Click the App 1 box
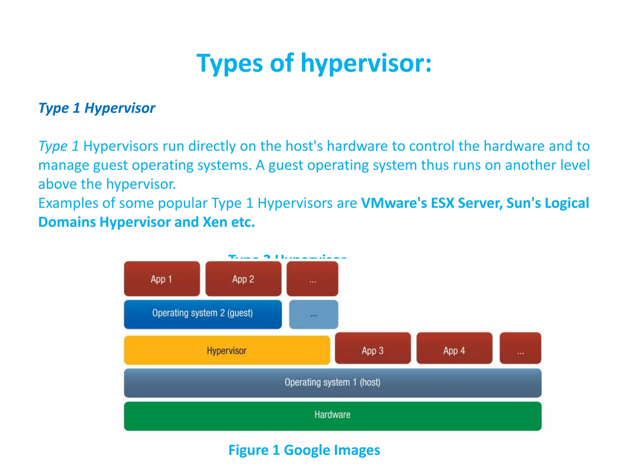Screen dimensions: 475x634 [x=162, y=279]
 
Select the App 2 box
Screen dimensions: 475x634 [x=243, y=279]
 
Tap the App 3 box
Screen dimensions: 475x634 [x=373, y=348]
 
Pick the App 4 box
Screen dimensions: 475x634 [x=454, y=348]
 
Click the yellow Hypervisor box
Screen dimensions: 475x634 [x=227, y=350]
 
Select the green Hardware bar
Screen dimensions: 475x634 [x=332, y=416]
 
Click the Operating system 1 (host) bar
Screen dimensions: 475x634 [x=332, y=383]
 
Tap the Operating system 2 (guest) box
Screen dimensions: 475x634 [x=203, y=314]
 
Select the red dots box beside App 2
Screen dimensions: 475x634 [x=312, y=279]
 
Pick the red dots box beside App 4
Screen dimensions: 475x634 [x=520, y=348]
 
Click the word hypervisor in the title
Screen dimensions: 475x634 [x=366, y=63]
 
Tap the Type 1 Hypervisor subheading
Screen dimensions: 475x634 [x=97, y=108]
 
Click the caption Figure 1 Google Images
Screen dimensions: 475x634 [x=304, y=450]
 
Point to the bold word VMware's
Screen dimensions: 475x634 [x=394, y=203]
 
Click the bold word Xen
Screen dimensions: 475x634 [x=215, y=222]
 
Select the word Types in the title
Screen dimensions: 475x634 [x=230, y=63]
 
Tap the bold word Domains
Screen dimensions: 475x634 [x=67, y=222]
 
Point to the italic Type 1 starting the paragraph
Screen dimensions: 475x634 [x=59, y=146]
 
